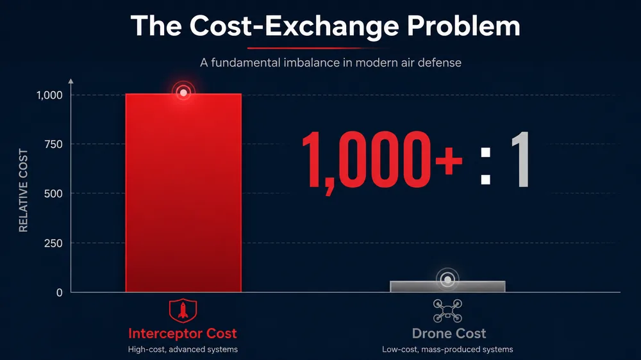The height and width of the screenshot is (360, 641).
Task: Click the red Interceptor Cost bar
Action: coord(183,193)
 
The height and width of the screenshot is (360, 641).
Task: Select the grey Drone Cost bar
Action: coord(447,286)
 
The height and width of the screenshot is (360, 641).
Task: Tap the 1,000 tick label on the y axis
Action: coord(49,95)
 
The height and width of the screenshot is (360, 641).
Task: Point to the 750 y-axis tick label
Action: coord(53,144)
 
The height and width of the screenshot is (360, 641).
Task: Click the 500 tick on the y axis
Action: coord(53,193)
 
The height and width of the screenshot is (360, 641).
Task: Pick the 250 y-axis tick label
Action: coord(53,243)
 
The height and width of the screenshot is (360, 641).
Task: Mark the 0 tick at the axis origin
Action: coord(59,293)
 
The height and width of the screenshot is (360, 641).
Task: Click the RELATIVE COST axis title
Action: coord(23,190)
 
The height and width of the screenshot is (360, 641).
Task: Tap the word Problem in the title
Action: coord(463,26)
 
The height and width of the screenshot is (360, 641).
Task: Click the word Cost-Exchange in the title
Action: coord(294,27)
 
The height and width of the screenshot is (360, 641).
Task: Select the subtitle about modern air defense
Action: coord(330,63)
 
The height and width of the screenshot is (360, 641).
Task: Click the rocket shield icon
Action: coord(183,311)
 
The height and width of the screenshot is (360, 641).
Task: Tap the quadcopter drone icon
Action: coord(447,311)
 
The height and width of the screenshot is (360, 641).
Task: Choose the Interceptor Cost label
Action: coord(183,334)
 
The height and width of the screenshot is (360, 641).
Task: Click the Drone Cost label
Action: coord(449,334)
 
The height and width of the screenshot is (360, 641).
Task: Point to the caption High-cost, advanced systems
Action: coord(183,349)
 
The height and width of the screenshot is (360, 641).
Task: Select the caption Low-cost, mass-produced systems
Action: coord(447,349)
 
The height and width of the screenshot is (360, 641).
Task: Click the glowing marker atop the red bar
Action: coord(183,93)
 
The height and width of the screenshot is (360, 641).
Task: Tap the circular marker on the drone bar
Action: coord(447,280)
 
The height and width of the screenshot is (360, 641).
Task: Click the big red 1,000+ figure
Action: coord(382,161)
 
